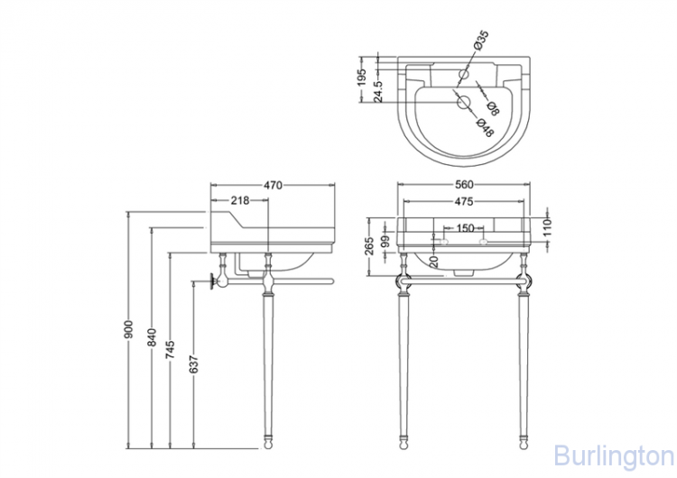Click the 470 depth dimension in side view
tap(274, 185)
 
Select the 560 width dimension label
tap(466, 185)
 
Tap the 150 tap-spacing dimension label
tap(465, 228)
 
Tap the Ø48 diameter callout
tap(486, 127)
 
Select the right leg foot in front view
tap(525, 443)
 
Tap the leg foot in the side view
tap(269, 443)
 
